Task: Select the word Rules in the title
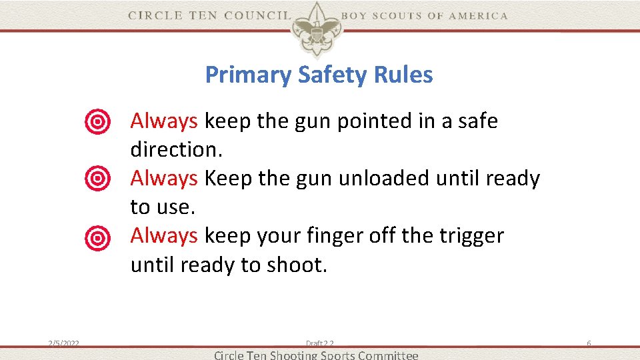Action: coord(404,75)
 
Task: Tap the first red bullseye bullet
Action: coord(97,122)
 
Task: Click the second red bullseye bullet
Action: coord(97,179)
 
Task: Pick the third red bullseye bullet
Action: coord(97,237)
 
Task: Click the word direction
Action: coord(176,150)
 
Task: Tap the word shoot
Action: coord(297,265)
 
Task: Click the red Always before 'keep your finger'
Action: coord(164,236)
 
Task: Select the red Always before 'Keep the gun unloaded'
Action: coord(164,179)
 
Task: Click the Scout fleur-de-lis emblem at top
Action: coord(316,27)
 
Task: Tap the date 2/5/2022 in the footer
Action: coord(64,343)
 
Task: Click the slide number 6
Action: coord(589,343)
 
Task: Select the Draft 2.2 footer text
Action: coord(320,343)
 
